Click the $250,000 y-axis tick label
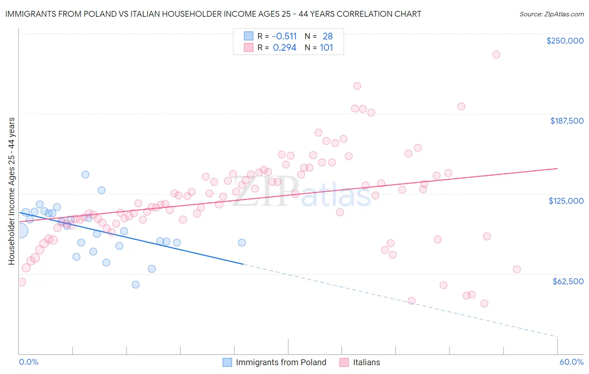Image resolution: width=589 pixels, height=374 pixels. (x=565, y=41)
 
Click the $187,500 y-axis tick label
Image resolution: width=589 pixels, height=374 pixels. (x=566, y=121)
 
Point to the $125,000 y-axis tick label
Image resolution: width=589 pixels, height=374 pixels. (x=566, y=201)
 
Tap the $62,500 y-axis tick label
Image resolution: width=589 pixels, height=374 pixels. (x=568, y=281)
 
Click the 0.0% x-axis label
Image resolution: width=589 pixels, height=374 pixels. (x=28, y=362)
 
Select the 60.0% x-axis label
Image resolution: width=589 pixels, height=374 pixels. (x=571, y=362)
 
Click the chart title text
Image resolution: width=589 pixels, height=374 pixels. (x=213, y=14)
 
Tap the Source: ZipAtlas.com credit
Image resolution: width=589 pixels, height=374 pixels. (x=551, y=14)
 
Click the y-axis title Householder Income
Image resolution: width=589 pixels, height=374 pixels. (x=11, y=191)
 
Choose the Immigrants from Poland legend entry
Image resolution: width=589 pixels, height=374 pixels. (x=274, y=362)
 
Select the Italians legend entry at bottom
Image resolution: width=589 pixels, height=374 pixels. (x=360, y=362)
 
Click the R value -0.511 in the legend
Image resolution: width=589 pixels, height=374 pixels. (x=284, y=36)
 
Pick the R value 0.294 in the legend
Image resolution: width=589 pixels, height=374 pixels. (x=284, y=47)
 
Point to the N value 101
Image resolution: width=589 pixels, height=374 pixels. (x=326, y=47)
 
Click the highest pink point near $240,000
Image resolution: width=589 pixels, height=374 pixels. (x=496, y=55)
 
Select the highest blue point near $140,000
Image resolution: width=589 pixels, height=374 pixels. (x=85, y=174)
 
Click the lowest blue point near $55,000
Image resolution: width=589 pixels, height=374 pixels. (x=135, y=285)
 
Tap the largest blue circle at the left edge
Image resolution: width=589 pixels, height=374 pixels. (x=20, y=231)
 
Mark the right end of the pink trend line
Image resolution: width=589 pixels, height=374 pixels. (x=557, y=168)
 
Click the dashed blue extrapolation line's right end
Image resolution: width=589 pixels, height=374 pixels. (x=557, y=336)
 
